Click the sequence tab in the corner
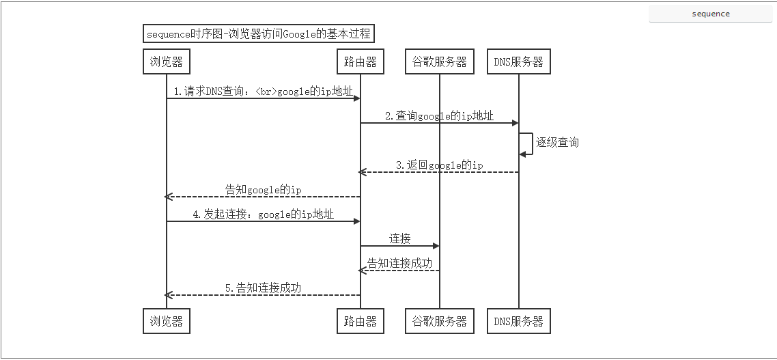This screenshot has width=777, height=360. (x=711, y=14)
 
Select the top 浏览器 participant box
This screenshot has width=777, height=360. (x=166, y=61)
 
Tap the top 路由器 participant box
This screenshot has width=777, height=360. (x=361, y=61)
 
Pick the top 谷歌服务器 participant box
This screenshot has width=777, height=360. (x=439, y=61)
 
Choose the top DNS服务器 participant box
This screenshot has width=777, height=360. (x=518, y=61)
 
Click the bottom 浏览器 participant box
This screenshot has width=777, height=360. (x=166, y=321)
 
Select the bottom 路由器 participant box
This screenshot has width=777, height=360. (x=361, y=321)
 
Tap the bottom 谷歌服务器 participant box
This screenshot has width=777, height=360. (x=439, y=321)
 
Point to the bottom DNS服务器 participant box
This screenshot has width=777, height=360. (x=518, y=321)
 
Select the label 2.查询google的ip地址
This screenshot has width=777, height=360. (x=439, y=115)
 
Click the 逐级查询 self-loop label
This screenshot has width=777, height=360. (x=557, y=142)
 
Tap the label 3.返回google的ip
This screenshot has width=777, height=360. (x=439, y=165)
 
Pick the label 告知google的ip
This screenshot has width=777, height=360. (x=264, y=189)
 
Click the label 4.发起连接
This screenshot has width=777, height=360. (x=264, y=214)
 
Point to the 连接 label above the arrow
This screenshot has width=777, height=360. (x=400, y=238)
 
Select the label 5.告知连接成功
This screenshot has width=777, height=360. (x=264, y=288)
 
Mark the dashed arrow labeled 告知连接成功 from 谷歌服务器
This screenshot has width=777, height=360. (x=400, y=271)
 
